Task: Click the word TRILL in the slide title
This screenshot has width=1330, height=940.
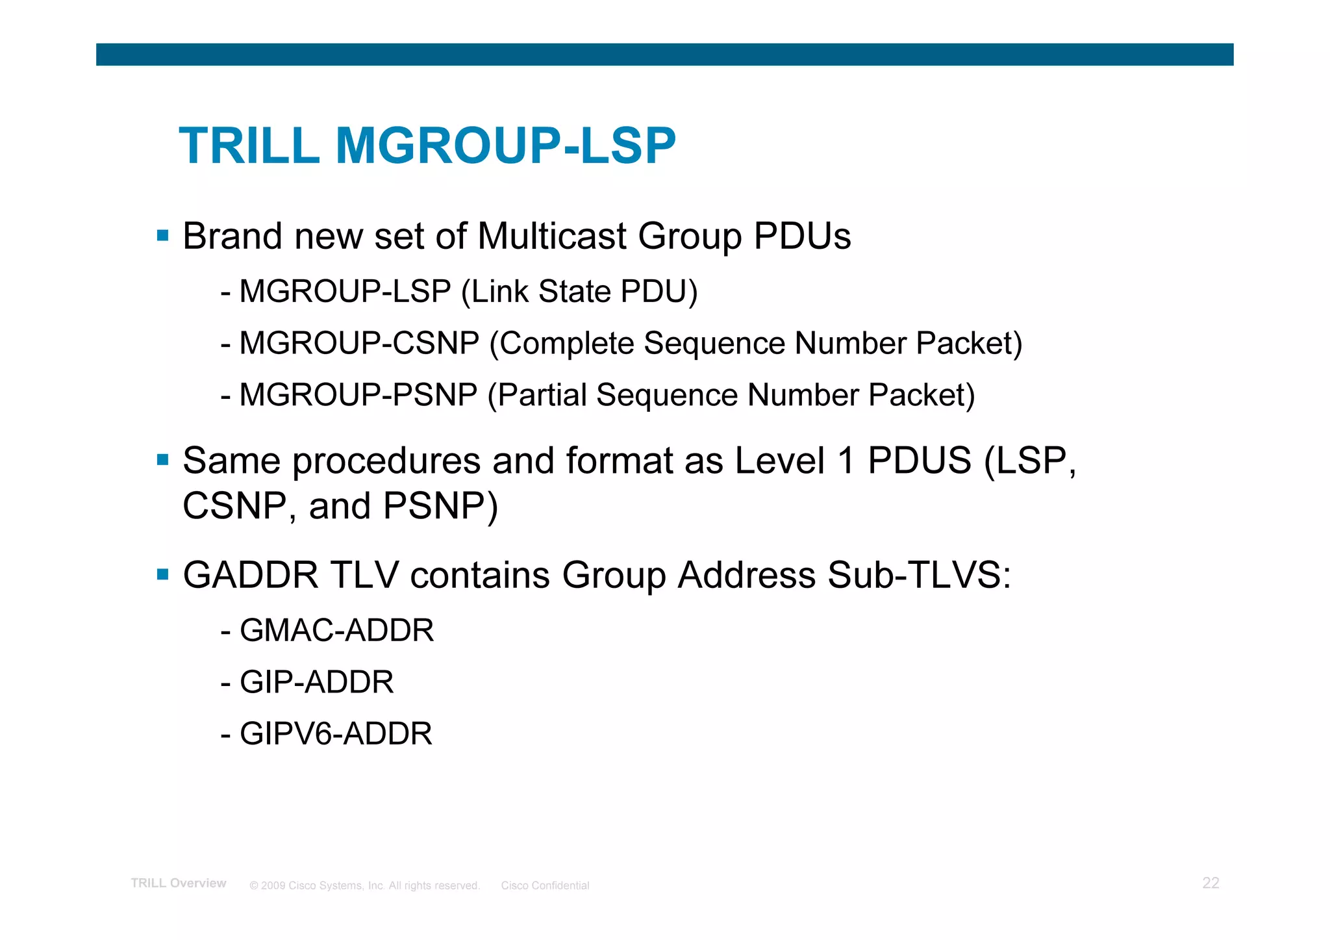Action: pyautogui.click(x=249, y=146)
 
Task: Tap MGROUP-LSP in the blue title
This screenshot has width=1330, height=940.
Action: pyautogui.click(x=505, y=146)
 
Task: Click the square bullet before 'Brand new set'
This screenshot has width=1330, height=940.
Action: pyautogui.click(x=163, y=235)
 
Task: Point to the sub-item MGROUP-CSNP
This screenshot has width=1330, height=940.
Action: pyautogui.click(x=359, y=343)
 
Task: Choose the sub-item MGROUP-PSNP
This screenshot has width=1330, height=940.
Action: pyautogui.click(x=358, y=395)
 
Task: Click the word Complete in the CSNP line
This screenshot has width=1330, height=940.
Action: pyautogui.click(x=566, y=343)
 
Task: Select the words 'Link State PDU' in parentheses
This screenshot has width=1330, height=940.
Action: pyautogui.click(x=579, y=291)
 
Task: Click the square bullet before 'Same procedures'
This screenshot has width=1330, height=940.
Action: pyautogui.click(x=163, y=460)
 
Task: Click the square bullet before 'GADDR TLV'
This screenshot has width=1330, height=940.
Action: pyautogui.click(x=163, y=574)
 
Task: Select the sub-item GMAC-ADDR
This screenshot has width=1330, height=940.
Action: pyautogui.click(x=336, y=630)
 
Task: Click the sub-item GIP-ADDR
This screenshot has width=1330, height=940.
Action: pyautogui.click(x=317, y=682)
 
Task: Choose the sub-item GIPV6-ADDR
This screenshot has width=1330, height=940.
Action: pyautogui.click(x=336, y=734)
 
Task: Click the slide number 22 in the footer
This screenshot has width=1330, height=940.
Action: pyautogui.click(x=1211, y=883)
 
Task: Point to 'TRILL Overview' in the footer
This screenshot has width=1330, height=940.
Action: pyautogui.click(x=179, y=883)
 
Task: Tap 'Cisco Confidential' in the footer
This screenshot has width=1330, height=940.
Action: pyautogui.click(x=545, y=885)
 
